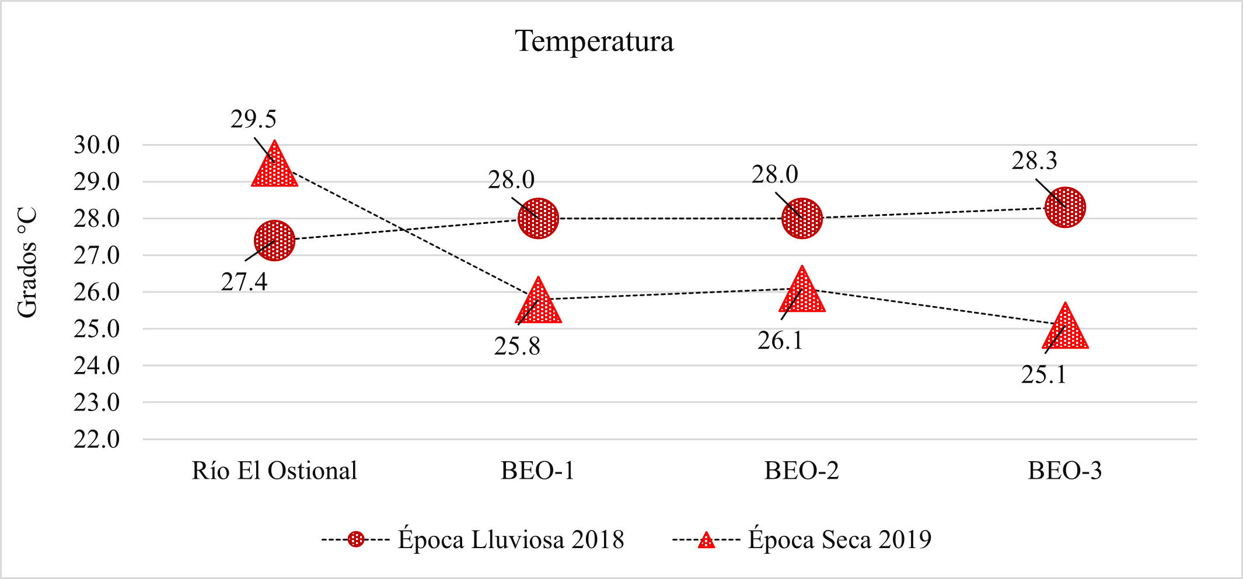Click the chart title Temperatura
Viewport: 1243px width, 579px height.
coord(594,41)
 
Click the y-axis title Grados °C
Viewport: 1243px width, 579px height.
coord(27,263)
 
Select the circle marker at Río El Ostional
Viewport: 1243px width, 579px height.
coord(274,240)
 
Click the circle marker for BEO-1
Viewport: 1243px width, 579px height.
coord(538,218)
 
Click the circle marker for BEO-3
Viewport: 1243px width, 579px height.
coord(1065,207)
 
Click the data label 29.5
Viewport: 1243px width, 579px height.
coord(253,119)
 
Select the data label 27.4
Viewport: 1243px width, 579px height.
coord(244,282)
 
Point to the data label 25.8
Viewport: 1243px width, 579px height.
coord(517,346)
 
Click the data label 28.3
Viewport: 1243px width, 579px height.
coord(1034,161)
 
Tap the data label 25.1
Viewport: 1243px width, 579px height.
coord(1043,375)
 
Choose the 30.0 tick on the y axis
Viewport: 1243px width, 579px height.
coord(96,145)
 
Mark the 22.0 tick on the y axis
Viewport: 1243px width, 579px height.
coord(96,439)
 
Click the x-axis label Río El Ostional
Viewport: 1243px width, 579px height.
coord(274,471)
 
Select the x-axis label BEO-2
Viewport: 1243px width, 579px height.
coord(801,471)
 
